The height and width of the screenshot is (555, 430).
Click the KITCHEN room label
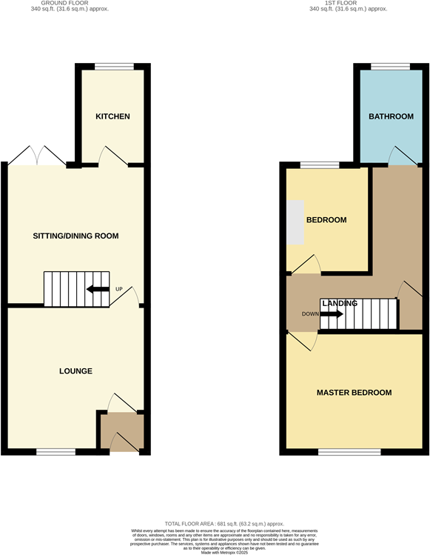[112, 116]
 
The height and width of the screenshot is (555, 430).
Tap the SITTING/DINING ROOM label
[75, 236]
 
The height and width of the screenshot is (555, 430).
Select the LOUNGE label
[75, 370]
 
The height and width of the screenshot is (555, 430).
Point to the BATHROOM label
[392, 116]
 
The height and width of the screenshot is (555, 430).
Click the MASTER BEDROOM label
[354, 392]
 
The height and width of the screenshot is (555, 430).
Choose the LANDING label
[340, 303]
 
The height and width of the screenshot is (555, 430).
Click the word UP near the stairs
[118, 289]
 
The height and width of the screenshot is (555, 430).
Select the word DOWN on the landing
[310, 313]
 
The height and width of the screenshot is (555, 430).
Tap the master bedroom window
[350, 451]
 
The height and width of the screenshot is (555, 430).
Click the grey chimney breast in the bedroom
[295, 222]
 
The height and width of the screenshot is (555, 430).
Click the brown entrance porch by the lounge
[121, 431]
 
